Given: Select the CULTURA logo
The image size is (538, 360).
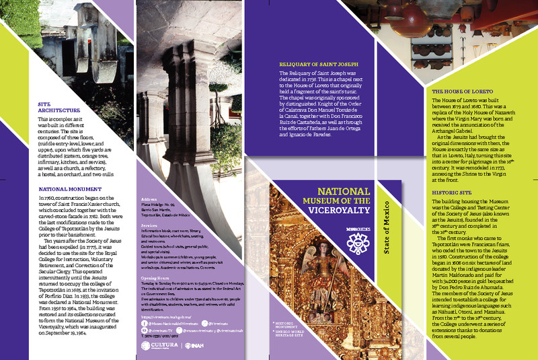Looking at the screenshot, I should click(x=159, y=345).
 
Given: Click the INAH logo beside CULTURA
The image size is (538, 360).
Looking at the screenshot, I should click(x=196, y=345).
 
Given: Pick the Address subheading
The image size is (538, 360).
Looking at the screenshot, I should click(x=149, y=201).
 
